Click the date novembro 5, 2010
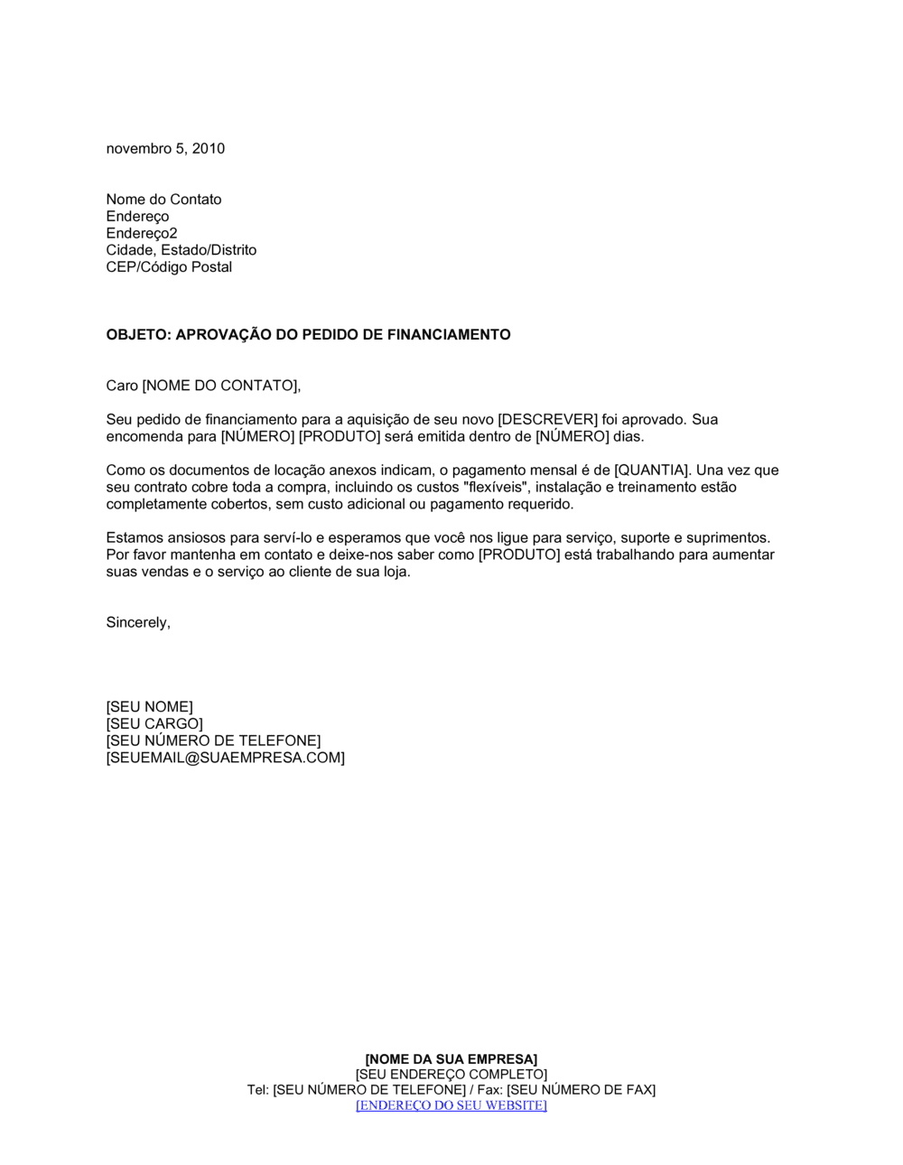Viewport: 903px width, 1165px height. [x=165, y=149]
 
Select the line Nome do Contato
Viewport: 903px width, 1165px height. [x=163, y=200]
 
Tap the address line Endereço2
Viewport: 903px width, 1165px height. [x=142, y=234]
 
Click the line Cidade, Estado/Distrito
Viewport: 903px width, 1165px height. [x=181, y=250]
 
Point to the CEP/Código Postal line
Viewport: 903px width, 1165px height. [x=169, y=267]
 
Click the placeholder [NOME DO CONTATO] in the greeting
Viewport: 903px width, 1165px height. [x=219, y=387]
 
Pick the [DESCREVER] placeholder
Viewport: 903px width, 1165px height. [x=548, y=420]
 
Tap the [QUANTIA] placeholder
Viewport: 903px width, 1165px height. [x=652, y=471]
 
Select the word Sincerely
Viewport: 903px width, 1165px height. [x=137, y=623]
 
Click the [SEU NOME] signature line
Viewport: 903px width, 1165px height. [x=149, y=707]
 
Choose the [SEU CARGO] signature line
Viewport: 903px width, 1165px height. [x=154, y=724]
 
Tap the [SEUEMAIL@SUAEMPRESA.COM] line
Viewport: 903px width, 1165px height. [x=225, y=759]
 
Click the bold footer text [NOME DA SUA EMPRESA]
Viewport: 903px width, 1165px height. [x=451, y=1059]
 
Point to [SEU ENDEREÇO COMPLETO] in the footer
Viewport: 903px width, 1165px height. [x=451, y=1075]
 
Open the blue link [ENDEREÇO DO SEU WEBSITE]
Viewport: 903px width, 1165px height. [x=451, y=1105]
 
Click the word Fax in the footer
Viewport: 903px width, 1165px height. [x=489, y=1090]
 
